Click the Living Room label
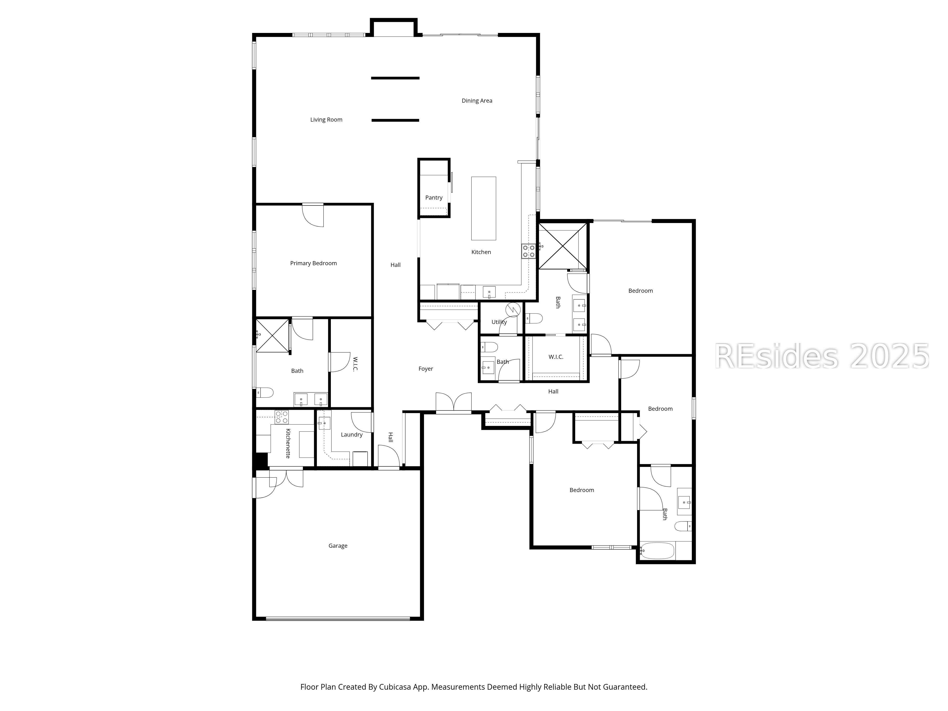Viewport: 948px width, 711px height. point(326,120)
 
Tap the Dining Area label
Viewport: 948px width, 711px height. point(477,101)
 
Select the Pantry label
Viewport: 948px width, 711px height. point(434,198)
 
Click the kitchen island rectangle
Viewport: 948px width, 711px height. point(483,208)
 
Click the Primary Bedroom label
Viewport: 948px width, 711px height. point(313,263)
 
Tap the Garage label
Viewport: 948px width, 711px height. point(338,546)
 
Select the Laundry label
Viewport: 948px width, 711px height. point(351,435)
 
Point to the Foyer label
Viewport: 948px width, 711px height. point(426,369)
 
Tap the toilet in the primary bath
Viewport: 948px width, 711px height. point(265,392)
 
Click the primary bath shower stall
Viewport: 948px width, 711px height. point(273,336)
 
